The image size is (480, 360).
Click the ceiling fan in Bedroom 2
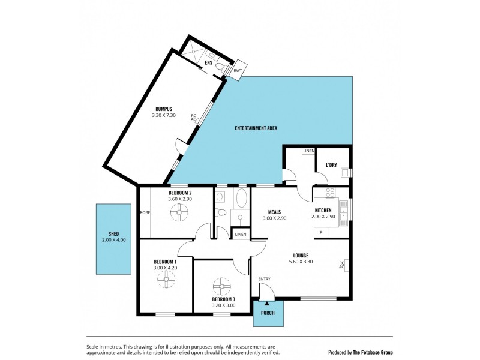179,212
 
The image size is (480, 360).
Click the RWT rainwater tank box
238,70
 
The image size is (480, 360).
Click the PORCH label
268,312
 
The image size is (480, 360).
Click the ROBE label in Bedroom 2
145,212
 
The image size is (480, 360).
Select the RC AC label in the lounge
341,265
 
